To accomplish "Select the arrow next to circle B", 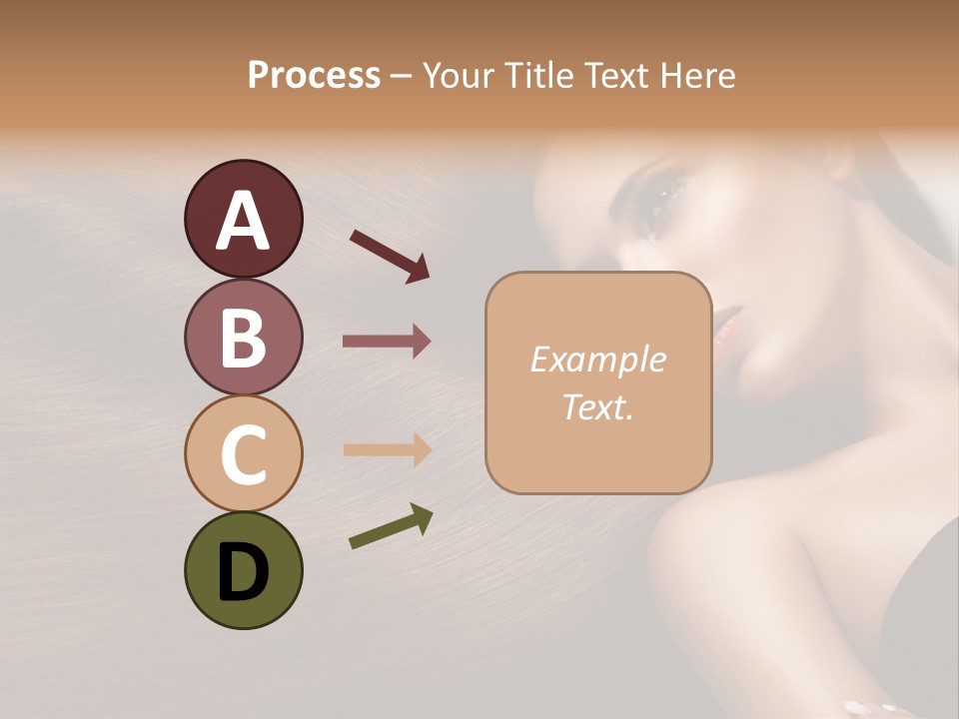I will point(387,342).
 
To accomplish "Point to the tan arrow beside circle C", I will point(387,449).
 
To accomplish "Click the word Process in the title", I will point(314,75).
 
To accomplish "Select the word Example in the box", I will point(597,359).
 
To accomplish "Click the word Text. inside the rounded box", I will point(597,407).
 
